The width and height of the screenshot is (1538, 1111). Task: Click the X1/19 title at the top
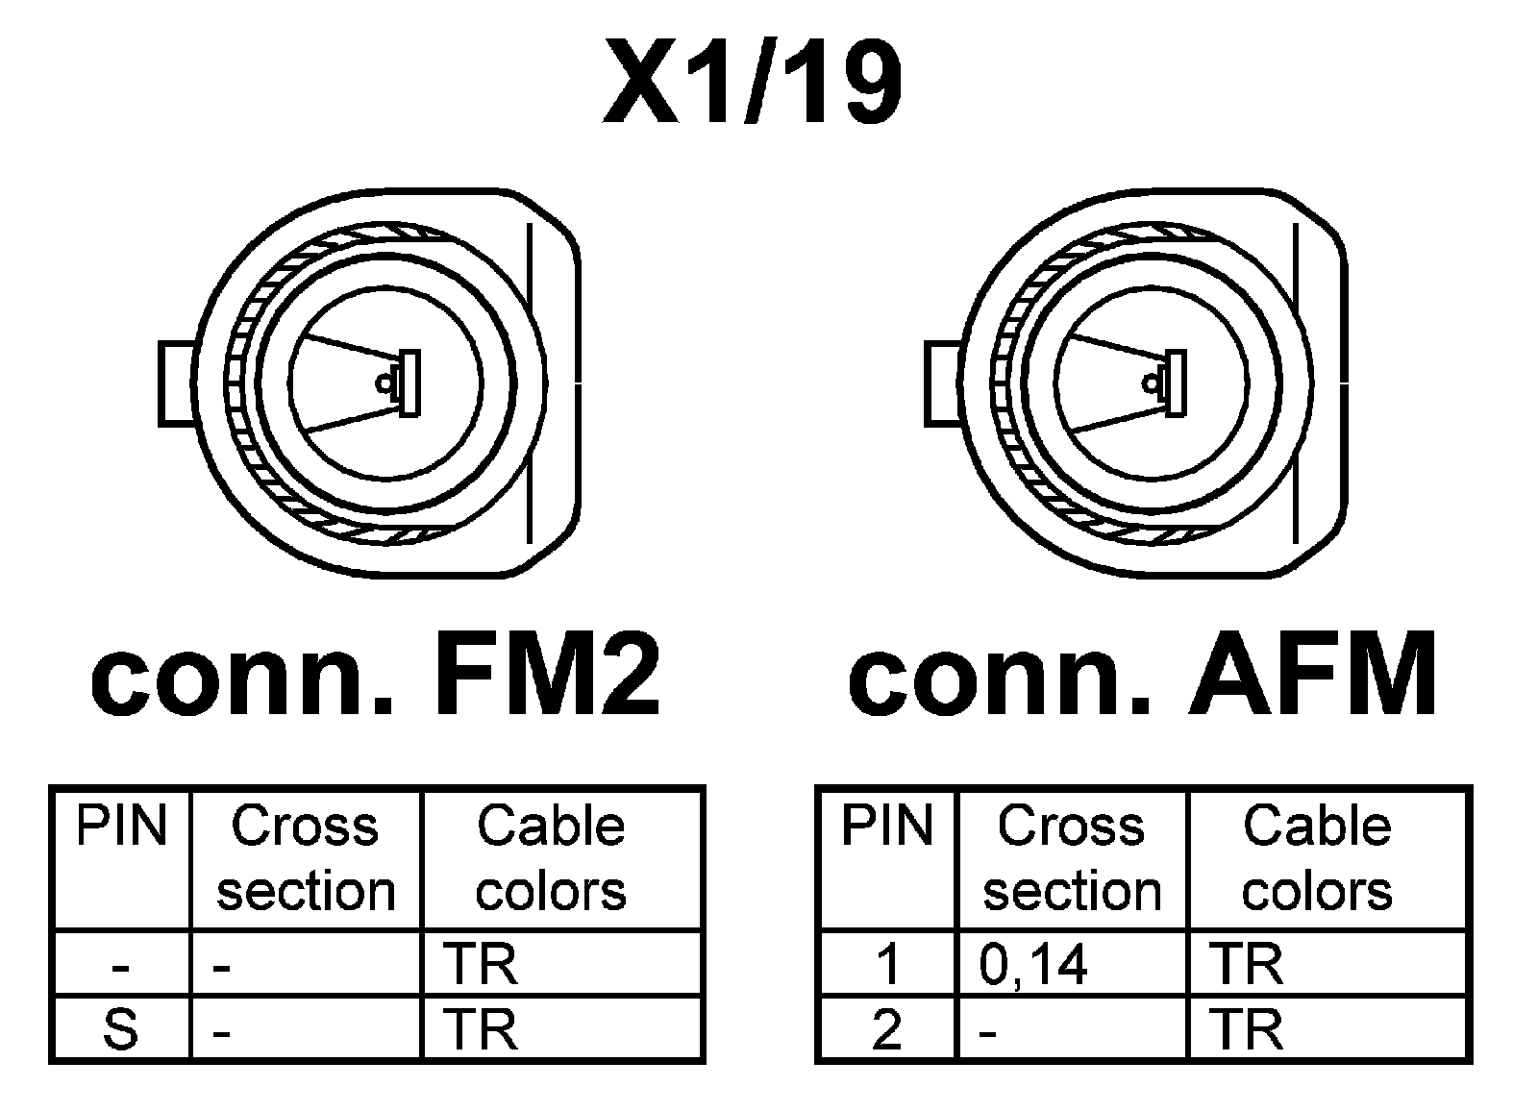click(x=752, y=85)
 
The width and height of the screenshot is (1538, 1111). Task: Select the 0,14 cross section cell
click(x=1033, y=964)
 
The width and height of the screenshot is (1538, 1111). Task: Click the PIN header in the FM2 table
click(x=121, y=827)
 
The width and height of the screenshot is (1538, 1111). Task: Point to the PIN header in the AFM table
click(x=887, y=827)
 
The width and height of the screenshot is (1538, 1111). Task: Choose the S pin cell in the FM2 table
click(x=121, y=1029)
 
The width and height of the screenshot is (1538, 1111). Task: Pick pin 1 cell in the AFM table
click(x=887, y=964)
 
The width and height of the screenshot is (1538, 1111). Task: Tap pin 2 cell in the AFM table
click(x=887, y=1029)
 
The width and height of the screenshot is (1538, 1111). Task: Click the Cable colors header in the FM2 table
click(x=551, y=858)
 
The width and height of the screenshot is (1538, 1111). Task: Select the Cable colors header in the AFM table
click(x=1317, y=858)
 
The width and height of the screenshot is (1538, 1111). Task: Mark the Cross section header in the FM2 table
click(x=306, y=858)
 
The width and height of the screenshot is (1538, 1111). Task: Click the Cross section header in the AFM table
click(x=1072, y=858)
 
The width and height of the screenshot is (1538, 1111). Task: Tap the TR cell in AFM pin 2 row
click(x=1247, y=1029)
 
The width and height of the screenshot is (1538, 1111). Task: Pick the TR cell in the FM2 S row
click(x=481, y=1029)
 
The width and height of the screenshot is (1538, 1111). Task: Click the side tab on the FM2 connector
click(x=178, y=383)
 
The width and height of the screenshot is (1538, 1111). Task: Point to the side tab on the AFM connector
click(x=943, y=383)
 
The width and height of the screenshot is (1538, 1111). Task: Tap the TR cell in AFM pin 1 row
click(x=1247, y=964)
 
